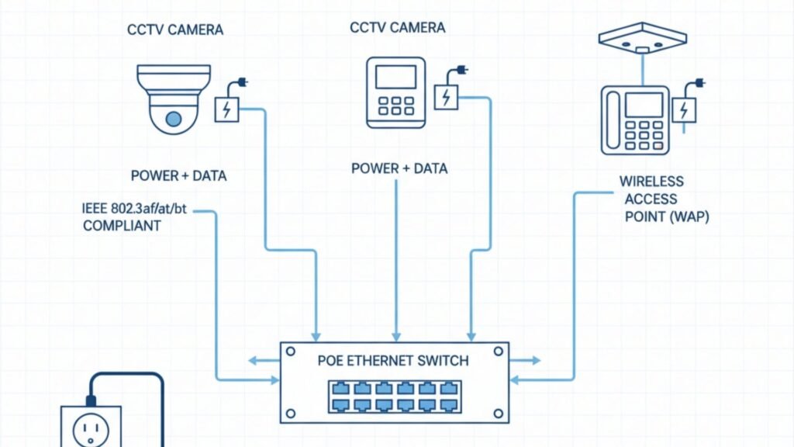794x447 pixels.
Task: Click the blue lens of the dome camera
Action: click(173, 119)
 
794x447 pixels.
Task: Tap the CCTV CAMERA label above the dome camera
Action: click(174, 29)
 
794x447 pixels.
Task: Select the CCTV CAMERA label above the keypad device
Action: click(398, 28)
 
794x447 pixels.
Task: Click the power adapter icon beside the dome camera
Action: click(226, 109)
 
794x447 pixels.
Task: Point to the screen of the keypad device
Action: click(395, 77)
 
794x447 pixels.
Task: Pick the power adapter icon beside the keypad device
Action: click(447, 97)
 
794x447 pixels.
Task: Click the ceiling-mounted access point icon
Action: click(643, 39)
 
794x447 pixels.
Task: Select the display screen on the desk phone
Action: click(644, 104)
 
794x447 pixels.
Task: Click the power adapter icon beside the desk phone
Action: click(683, 109)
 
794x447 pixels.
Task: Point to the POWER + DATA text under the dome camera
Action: click(178, 176)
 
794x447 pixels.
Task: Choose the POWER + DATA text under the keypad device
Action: click(399, 168)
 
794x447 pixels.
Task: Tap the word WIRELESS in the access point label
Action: click(651, 182)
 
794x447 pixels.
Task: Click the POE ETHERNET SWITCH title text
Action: click(393, 361)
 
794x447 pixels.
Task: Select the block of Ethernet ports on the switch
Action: click(394, 396)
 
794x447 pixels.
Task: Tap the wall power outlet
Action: click(91, 426)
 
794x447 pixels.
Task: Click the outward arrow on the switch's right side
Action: click(526, 360)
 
